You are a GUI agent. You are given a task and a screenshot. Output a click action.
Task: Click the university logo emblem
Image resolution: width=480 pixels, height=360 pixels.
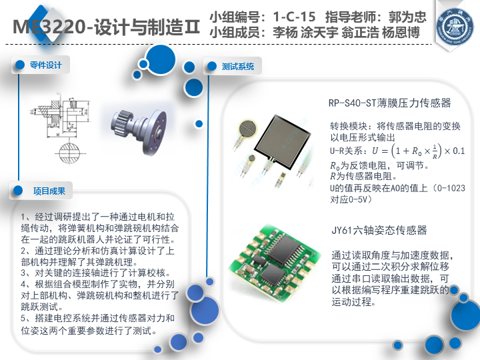pos(455,27)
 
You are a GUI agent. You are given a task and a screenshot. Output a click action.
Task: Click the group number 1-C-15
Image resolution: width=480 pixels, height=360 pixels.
pos(294,17)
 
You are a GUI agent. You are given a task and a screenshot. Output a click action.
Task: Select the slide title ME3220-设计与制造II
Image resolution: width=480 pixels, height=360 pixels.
pos(106,27)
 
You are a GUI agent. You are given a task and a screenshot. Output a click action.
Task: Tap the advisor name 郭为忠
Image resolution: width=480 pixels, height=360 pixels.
pos(407,17)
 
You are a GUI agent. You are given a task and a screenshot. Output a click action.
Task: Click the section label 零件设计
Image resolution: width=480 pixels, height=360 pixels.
pos(45,65)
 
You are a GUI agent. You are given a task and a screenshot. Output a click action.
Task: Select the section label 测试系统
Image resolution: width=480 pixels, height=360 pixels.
pos(238,66)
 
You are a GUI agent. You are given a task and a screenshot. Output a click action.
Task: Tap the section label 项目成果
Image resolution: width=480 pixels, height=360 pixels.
pos(49,191)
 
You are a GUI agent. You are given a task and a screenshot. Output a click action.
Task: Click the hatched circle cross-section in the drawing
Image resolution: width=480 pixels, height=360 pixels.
pos(69,153)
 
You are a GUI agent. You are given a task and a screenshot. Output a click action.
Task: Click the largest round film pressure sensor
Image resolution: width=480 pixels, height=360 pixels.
pos(248,129)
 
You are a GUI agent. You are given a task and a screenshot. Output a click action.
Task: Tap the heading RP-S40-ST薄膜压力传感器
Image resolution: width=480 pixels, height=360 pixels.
pos(389,103)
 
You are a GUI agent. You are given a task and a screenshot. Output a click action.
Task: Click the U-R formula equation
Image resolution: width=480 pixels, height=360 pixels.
pos(418,151)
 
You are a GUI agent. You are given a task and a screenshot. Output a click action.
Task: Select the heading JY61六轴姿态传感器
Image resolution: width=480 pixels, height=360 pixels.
pos(379,230)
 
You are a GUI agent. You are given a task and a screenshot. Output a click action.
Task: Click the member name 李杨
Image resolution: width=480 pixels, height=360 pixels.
pos(285,33)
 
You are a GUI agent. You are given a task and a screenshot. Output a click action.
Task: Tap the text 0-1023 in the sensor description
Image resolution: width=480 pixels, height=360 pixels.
pos(451,188)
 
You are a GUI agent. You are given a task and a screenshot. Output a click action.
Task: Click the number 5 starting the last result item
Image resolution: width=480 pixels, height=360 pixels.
pos(23,319)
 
